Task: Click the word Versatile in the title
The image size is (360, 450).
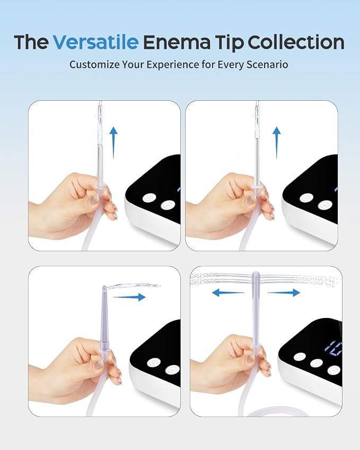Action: tap(96, 42)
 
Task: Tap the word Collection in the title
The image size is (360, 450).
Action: tap(296, 42)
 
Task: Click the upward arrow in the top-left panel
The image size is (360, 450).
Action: tap(113, 143)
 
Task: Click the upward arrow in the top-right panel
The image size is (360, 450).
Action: tap(276, 143)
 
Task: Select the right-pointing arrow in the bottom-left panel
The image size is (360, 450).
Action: tap(129, 297)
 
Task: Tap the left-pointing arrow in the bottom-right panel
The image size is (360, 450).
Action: tap(228, 293)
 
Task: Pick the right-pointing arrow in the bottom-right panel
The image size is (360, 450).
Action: tap(284, 293)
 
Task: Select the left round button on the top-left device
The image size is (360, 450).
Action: tap(150, 198)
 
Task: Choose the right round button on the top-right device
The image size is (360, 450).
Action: tap(325, 205)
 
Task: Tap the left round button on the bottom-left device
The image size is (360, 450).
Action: tap(154, 363)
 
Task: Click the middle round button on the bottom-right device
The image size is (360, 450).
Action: tap(317, 363)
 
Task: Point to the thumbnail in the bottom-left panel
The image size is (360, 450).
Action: tap(98, 365)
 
